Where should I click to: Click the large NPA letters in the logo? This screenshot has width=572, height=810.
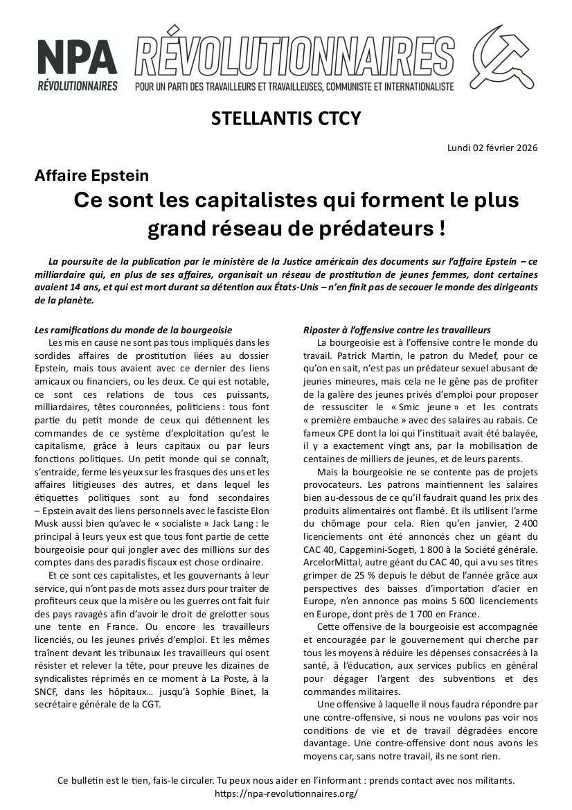click(x=77, y=57)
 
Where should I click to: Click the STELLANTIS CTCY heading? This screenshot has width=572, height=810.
click(x=286, y=118)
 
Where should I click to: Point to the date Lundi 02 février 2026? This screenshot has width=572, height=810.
click(x=492, y=148)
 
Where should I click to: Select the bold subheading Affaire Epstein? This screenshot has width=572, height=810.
click(x=91, y=176)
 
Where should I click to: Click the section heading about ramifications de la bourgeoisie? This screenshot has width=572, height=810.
click(x=133, y=329)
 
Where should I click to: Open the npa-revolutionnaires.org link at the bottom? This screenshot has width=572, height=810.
click(x=286, y=794)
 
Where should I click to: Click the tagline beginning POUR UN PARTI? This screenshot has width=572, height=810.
click(x=294, y=87)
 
